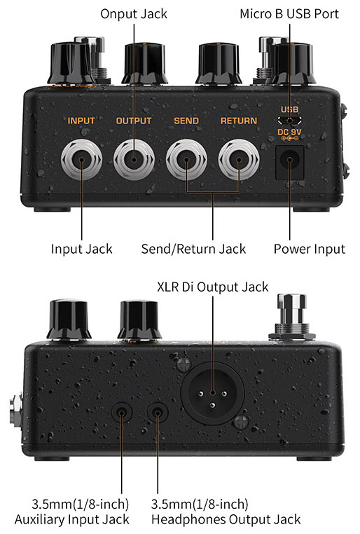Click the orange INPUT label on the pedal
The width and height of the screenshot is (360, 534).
pyautogui.click(x=81, y=121)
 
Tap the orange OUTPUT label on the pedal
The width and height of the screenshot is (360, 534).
pyautogui.click(x=134, y=121)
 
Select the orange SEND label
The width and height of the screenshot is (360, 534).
pyautogui.click(x=186, y=121)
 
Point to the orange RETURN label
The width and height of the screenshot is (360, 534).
pyautogui.click(x=239, y=121)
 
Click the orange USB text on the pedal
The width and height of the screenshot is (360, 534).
pyautogui.click(x=289, y=109)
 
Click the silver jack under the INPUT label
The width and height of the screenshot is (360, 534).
pyautogui.click(x=81, y=159)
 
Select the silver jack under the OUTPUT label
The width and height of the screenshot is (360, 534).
pyautogui.click(x=134, y=159)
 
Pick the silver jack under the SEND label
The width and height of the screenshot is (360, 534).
pyautogui.click(x=186, y=159)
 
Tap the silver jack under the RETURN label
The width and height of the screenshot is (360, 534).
pyautogui.click(x=239, y=159)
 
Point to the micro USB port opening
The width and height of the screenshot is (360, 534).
pyautogui.click(x=289, y=121)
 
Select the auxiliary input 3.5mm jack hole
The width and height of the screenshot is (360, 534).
pyautogui.click(x=121, y=413)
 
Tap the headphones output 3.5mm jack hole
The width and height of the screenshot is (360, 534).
pyautogui.click(x=158, y=413)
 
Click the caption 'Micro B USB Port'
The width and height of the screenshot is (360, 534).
pyautogui.click(x=289, y=14)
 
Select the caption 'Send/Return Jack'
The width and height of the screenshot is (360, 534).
pyautogui.click(x=193, y=249)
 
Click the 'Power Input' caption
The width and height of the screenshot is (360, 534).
pyautogui.click(x=310, y=249)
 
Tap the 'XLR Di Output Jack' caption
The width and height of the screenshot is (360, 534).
pyautogui.click(x=213, y=287)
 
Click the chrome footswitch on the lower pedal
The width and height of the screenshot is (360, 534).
pyautogui.click(x=292, y=317)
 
